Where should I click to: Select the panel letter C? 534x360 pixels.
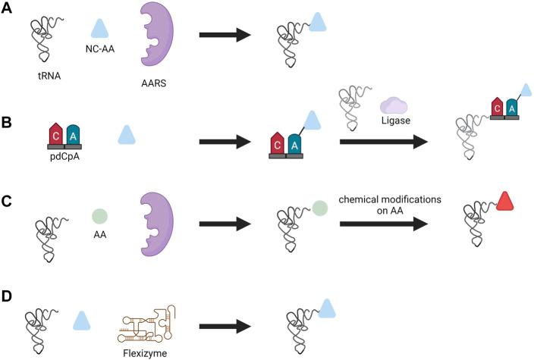click(x=8, y=202)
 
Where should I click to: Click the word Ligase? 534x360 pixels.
click(x=394, y=121)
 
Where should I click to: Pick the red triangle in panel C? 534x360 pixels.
click(x=507, y=202)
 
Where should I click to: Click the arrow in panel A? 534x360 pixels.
click(x=225, y=34)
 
